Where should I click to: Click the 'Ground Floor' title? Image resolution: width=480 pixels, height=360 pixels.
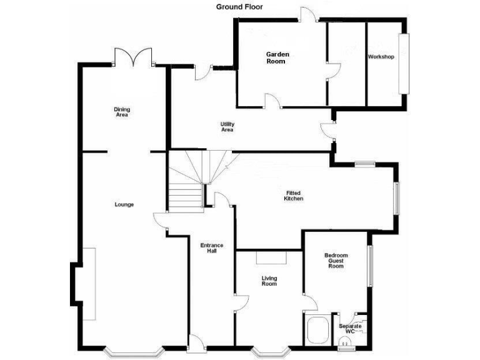pyautogui.click(x=239, y=7)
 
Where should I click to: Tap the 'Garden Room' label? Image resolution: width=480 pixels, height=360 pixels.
pyautogui.click(x=276, y=57)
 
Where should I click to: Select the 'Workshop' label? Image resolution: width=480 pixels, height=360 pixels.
pyautogui.click(x=381, y=57)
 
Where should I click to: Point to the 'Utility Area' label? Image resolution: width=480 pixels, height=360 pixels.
pyautogui.click(x=227, y=127)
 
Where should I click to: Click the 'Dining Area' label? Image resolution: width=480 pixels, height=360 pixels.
pyautogui.click(x=122, y=112)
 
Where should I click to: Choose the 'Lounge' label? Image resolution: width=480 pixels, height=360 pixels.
pyautogui.click(x=124, y=204)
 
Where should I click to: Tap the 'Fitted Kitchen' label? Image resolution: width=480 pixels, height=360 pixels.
pyautogui.click(x=293, y=196)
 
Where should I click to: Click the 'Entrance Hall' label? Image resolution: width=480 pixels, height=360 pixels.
pyautogui.click(x=212, y=248)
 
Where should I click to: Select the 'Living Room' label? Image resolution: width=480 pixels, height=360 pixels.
pyautogui.click(x=269, y=281)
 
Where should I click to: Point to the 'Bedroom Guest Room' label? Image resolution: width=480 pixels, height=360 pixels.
pyautogui.click(x=336, y=261)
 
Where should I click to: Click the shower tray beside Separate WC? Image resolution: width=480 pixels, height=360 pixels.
pyautogui.click(x=317, y=329)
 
